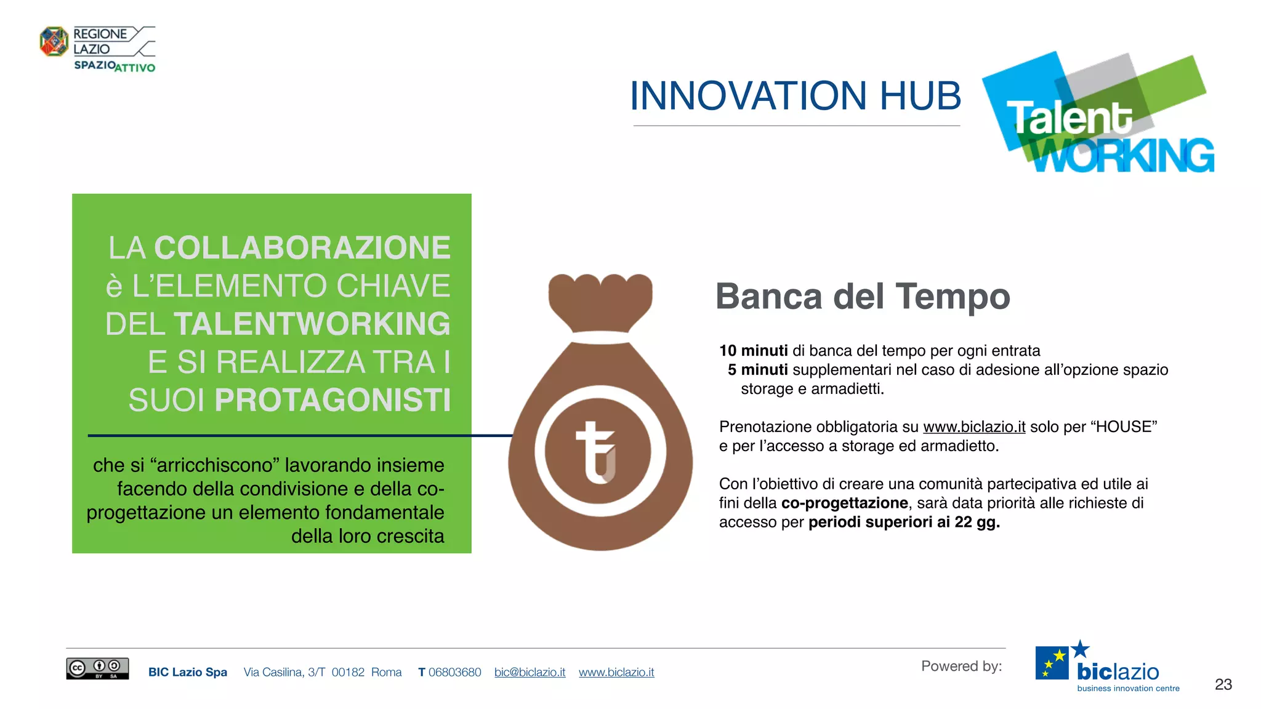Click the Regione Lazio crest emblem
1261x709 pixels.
[x=54, y=41]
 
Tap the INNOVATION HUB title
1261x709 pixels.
[x=795, y=96]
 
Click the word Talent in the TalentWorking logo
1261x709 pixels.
[x=1069, y=118]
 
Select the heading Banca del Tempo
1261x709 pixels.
[x=862, y=297]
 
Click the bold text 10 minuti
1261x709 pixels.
[x=753, y=351]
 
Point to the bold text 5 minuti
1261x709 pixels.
[x=757, y=370]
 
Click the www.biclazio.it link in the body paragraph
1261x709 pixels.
[x=974, y=427]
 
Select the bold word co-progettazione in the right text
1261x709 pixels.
[x=844, y=503]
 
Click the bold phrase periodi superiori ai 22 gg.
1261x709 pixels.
[x=903, y=523]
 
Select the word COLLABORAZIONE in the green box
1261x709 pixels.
[x=302, y=248]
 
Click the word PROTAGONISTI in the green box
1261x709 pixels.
[x=332, y=400]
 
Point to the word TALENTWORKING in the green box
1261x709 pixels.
[x=312, y=324]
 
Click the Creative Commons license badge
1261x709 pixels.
[x=97, y=668]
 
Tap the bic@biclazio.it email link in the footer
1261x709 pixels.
[x=530, y=673]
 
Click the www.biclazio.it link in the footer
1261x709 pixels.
[x=616, y=673]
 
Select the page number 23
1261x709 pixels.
[x=1223, y=684]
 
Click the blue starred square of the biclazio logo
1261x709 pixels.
[x=1052, y=663]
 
